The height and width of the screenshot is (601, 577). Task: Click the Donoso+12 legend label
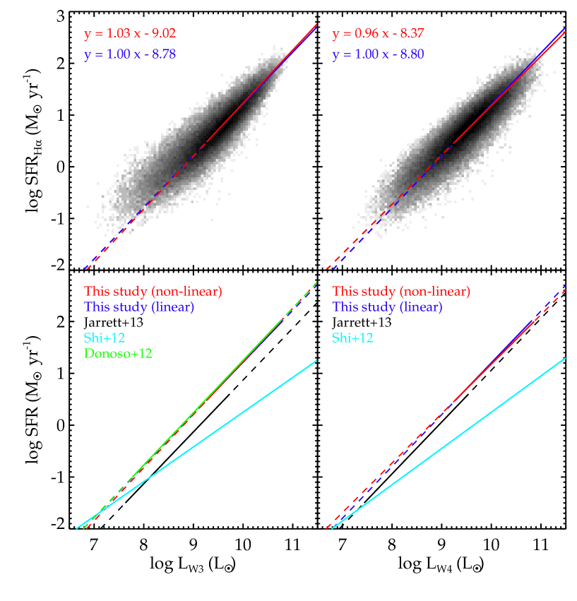[118, 353]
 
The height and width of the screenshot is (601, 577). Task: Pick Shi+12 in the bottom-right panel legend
[352, 338]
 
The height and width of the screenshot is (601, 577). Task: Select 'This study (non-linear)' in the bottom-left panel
[153, 291]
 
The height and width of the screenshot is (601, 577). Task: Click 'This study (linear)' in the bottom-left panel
[139, 307]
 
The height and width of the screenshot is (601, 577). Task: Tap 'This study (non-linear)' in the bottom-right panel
[401, 291]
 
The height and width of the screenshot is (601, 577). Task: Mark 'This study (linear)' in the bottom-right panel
[387, 307]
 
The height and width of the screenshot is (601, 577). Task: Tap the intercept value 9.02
[164, 34]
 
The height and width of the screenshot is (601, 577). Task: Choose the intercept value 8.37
[412, 34]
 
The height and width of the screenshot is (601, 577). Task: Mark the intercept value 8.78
[164, 54]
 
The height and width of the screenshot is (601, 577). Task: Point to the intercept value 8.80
[412, 54]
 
